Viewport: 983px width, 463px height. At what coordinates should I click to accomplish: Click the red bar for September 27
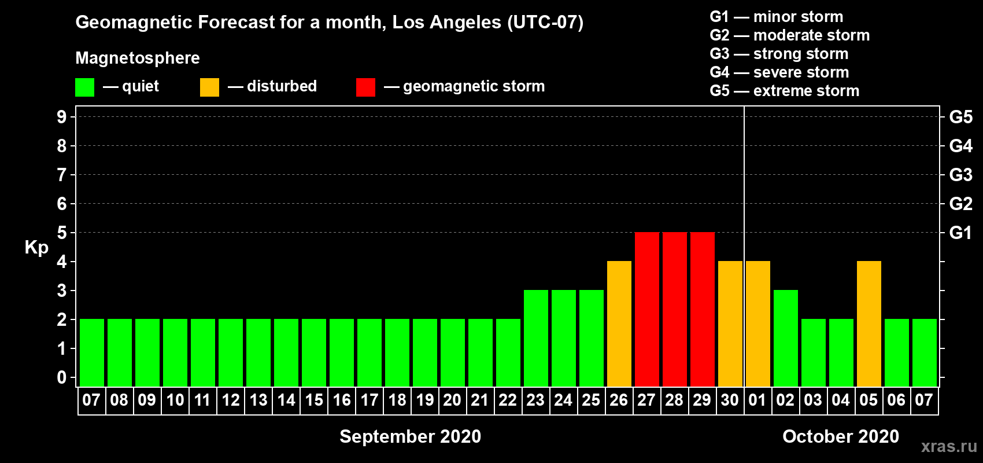647,309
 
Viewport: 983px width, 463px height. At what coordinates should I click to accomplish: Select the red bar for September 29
703,309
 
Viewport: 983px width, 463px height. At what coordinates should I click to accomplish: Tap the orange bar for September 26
619,324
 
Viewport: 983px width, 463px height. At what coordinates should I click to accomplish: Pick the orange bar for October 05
869,324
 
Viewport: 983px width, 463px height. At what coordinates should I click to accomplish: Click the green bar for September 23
536,338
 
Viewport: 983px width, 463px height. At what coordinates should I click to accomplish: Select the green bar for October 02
785,338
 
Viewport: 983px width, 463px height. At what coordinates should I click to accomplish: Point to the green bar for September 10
175,352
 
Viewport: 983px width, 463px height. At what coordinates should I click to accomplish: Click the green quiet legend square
84,87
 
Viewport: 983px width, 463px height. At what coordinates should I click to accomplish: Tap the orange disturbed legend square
209,87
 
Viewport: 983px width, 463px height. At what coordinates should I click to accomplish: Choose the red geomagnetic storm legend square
365,87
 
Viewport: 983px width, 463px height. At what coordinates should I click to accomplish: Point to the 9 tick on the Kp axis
61,117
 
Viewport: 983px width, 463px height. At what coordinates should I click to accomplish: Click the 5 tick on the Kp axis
61,233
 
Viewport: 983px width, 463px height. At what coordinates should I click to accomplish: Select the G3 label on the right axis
960,175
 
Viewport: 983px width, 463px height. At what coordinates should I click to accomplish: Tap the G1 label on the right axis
960,233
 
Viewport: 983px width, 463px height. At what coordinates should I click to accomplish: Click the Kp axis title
36,248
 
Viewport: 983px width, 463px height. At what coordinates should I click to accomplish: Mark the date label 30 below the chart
730,400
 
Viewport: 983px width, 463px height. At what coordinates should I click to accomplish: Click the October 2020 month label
841,436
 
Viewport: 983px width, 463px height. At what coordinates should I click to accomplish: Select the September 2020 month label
411,436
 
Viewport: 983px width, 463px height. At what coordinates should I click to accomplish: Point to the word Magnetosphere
138,58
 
